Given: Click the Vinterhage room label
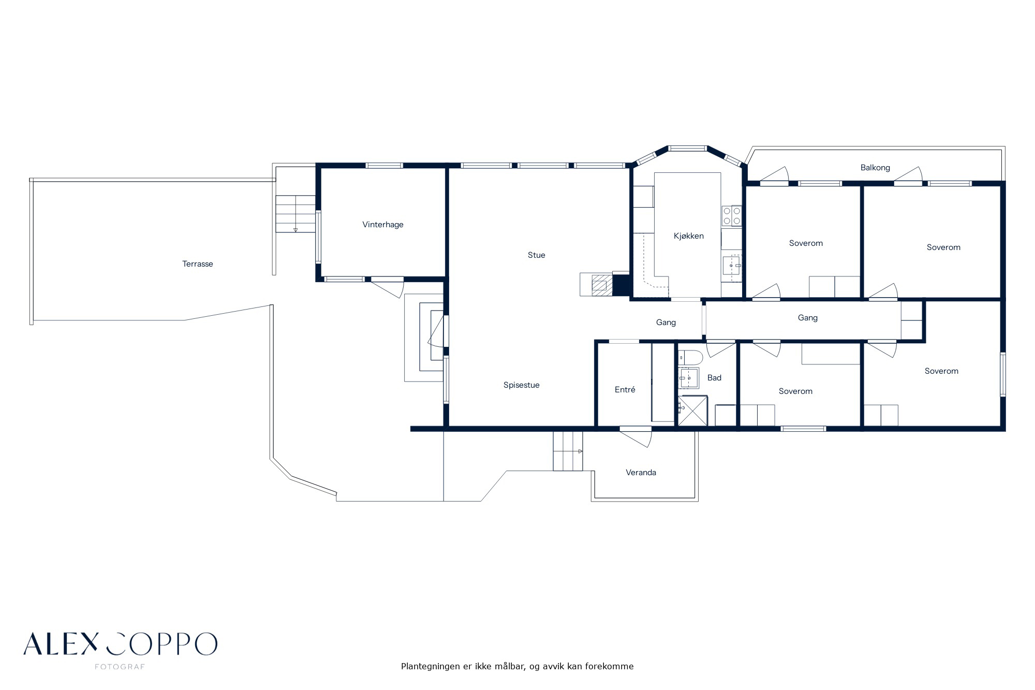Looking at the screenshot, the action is (382, 225).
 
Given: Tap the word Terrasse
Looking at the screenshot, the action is (198, 264).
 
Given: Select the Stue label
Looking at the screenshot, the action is (537, 255).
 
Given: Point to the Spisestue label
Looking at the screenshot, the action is (522, 385).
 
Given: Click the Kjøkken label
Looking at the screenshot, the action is (689, 236).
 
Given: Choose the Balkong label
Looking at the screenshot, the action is (875, 168).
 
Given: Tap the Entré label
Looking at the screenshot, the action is (625, 390).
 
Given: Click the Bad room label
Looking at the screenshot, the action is (714, 378).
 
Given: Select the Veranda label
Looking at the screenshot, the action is (641, 473).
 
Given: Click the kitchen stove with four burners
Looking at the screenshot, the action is (732, 215).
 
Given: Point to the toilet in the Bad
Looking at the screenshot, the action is (690, 357).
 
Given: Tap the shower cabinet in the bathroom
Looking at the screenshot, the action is (692, 410).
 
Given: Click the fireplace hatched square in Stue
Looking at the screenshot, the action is (599, 285).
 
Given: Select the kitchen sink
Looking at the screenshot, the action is (732, 266).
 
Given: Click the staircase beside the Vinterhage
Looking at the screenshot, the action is (295, 214).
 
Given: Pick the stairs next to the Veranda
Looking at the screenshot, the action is (568, 451).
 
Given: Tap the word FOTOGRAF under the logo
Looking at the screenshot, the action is (120, 667).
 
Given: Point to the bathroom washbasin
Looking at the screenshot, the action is (689, 378).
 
